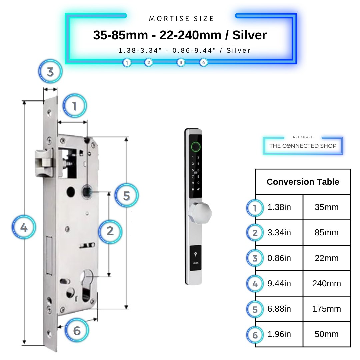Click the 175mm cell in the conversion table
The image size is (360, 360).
(326, 309)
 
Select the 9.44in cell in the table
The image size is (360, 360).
(279, 283)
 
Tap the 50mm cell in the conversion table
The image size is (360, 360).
(326, 334)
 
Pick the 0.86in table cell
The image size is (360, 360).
(279, 258)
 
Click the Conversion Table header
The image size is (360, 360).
(303, 182)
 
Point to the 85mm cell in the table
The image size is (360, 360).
(326, 232)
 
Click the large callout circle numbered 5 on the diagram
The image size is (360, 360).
(126, 196)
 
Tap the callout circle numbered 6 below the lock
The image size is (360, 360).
(77, 331)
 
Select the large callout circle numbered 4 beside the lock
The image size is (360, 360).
(24, 228)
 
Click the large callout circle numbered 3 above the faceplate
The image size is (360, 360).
(50, 72)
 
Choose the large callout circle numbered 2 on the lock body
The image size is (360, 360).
(110, 231)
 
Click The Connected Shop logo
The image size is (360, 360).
(303, 146)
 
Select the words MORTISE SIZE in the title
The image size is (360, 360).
(181, 19)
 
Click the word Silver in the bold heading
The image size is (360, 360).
(249, 35)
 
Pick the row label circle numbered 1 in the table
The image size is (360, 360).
(255, 208)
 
